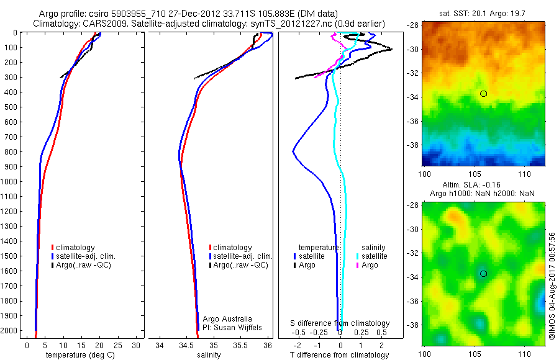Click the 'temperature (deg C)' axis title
[79, 354]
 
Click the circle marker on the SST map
[483, 94]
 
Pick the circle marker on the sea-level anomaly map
[483, 274]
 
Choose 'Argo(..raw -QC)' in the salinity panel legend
[240, 265]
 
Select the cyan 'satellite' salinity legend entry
[375, 256]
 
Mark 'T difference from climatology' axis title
[340, 355]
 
